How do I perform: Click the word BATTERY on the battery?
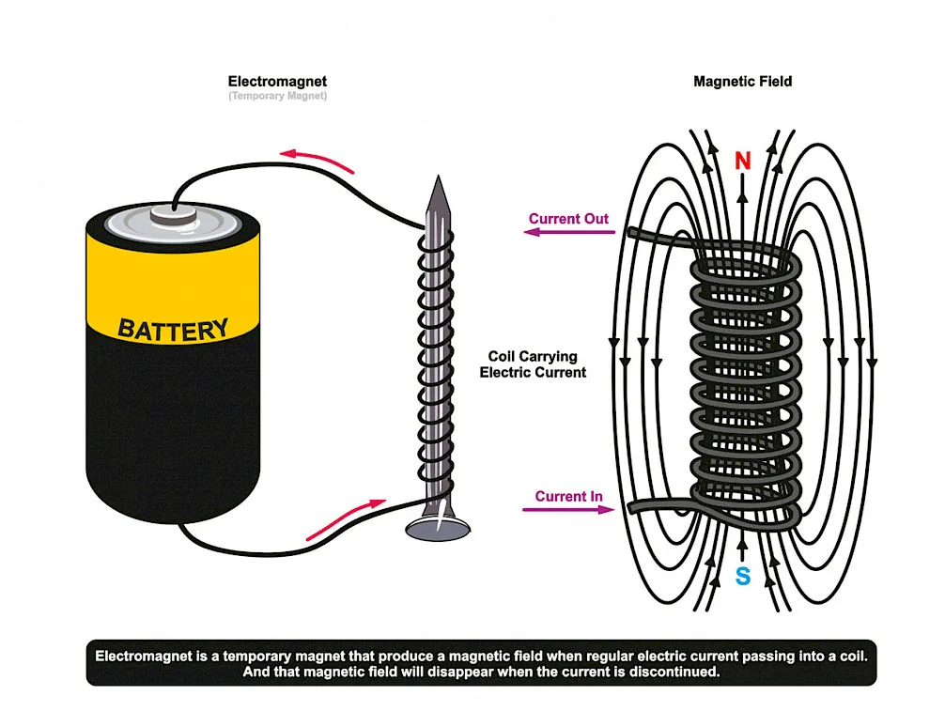click(x=173, y=330)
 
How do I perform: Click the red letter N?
click(x=742, y=162)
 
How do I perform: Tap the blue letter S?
click(x=742, y=577)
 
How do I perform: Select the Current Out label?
click(x=568, y=219)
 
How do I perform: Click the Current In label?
click(x=569, y=496)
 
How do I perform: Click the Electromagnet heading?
click(x=277, y=82)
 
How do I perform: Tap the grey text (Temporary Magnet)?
click(x=277, y=97)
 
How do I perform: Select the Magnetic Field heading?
click(x=742, y=82)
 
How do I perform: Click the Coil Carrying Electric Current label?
click(x=533, y=364)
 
